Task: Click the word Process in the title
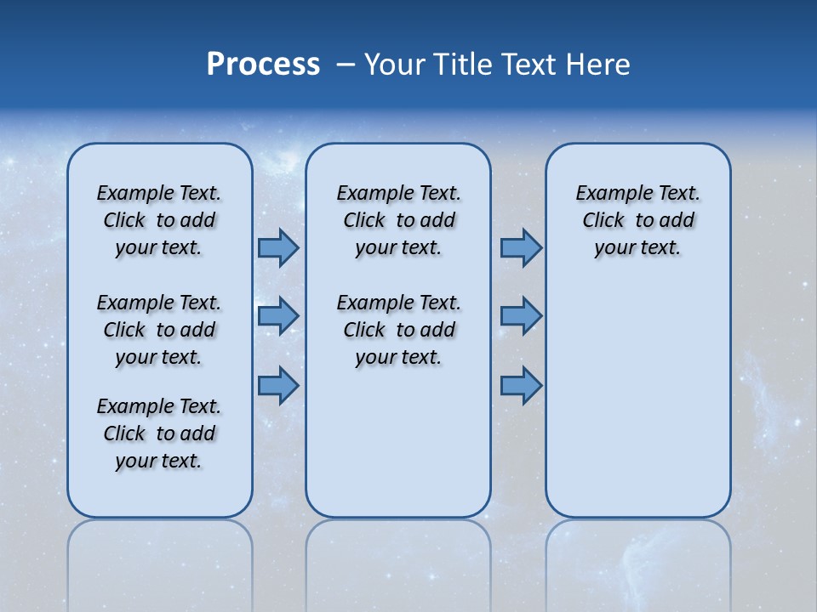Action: tap(263, 65)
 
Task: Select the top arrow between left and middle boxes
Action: tap(278, 247)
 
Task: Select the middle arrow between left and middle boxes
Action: tap(278, 315)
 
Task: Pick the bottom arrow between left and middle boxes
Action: tap(278, 386)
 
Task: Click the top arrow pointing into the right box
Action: tap(521, 247)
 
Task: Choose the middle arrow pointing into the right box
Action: tap(521, 315)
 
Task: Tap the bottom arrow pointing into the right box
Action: tap(521, 386)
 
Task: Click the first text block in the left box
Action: tap(159, 220)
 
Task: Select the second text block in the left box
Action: tap(159, 330)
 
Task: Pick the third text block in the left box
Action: tap(159, 433)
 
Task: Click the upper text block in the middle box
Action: tap(398, 220)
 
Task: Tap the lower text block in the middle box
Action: tap(398, 330)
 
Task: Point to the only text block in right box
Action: tap(637, 220)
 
